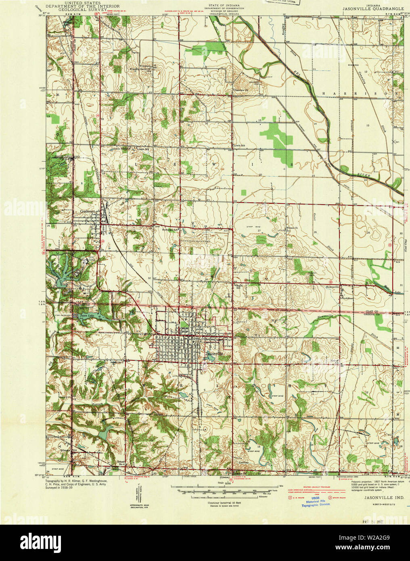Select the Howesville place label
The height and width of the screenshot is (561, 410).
point(333,287)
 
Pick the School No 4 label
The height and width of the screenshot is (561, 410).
point(121,463)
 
